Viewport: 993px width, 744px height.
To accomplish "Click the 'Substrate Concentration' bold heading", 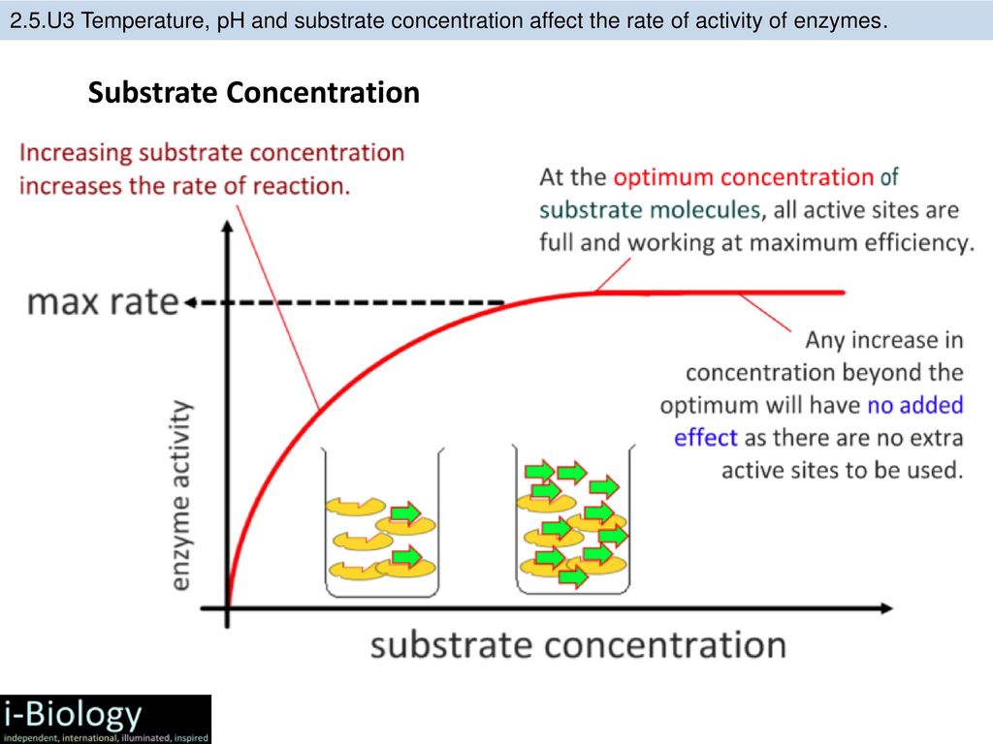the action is point(254,92).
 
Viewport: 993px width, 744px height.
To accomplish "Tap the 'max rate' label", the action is point(103,301).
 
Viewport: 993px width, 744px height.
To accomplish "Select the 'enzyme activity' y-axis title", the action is point(181,495).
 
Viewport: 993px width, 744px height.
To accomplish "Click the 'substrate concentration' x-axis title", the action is point(578,644).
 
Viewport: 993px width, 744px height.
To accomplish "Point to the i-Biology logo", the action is point(106,719).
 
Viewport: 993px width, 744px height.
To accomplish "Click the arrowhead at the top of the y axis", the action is point(227,227).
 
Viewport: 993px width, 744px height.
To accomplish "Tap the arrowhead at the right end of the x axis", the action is point(886,608).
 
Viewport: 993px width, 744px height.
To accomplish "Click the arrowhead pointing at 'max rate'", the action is point(189,303).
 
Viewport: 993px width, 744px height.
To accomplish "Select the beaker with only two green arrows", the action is point(382,522).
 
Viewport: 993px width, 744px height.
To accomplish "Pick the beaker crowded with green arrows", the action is point(573,520).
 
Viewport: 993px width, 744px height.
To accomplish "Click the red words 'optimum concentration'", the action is point(744,177).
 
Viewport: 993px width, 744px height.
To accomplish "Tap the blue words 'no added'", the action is point(915,405).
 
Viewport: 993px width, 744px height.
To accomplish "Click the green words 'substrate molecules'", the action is point(650,210).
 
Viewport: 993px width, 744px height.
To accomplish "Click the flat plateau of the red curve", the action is point(719,293).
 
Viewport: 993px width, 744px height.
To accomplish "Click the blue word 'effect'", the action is point(706,438).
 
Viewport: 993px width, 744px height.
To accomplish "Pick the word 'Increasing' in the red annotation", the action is point(76,154).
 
